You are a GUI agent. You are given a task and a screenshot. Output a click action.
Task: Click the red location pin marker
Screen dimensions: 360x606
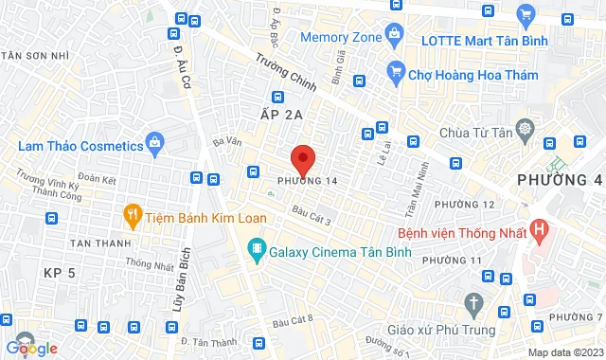tap(302, 159)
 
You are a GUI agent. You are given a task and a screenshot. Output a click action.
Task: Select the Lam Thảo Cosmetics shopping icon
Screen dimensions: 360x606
tap(156, 145)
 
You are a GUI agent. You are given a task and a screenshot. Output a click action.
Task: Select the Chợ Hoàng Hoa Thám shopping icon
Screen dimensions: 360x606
tap(397, 71)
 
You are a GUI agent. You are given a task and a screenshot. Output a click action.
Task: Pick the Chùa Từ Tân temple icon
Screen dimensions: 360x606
tap(525, 127)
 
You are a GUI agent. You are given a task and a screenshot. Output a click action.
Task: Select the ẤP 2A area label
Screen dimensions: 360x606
tap(280, 114)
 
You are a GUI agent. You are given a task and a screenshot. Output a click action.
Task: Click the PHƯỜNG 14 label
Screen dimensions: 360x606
tap(307, 180)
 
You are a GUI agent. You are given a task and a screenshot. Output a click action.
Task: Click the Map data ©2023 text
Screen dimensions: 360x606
tap(564, 352)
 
